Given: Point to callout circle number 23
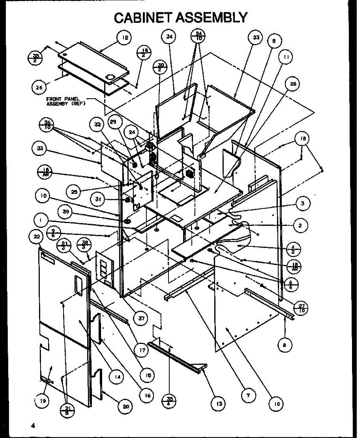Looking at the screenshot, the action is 256,37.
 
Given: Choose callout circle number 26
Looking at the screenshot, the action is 38,87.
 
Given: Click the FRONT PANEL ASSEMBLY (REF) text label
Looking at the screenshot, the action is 66,101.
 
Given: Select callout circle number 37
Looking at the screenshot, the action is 140,318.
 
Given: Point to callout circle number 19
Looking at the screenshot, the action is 43,401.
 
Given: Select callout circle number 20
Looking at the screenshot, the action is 125,406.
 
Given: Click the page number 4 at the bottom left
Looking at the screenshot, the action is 33,425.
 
